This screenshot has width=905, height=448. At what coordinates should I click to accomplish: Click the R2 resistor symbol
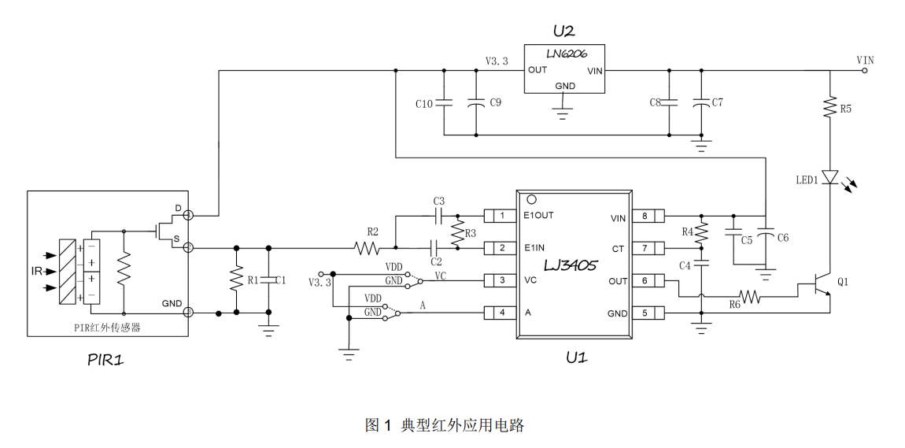coord(367,248)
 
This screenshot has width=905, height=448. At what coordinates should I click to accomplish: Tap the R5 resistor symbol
coord(830,107)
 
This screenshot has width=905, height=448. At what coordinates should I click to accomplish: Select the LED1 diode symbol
coord(830,177)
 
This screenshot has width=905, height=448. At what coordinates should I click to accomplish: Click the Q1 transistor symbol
coord(818,289)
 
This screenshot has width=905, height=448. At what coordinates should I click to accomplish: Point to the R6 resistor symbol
coord(749,297)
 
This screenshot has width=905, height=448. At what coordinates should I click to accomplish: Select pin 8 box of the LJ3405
coord(648,217)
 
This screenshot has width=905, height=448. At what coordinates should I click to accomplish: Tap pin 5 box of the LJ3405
coord(648,313)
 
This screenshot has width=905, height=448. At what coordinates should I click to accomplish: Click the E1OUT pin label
coord(538,216)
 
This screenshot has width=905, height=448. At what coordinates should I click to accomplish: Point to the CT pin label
coord(618,249)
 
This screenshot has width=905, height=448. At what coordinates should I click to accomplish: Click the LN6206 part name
coord(567,54)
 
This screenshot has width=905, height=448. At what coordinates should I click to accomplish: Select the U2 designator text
coord(564,31)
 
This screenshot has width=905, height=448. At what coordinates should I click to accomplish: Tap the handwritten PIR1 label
coord(105,360)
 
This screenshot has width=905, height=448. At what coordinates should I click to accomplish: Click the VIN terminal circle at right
coord(865,71)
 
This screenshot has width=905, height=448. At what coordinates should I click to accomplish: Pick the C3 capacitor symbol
coord(438,216)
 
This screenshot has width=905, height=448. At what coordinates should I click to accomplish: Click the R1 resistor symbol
coord(236,280)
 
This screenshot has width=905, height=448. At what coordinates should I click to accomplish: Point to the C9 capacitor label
coord(495,103)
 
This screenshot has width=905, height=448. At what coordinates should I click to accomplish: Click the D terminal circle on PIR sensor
coord(188,216)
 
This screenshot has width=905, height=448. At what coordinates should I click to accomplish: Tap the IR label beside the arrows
coord(36,272)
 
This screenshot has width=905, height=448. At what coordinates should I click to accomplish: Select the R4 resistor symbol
coord(702,232)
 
